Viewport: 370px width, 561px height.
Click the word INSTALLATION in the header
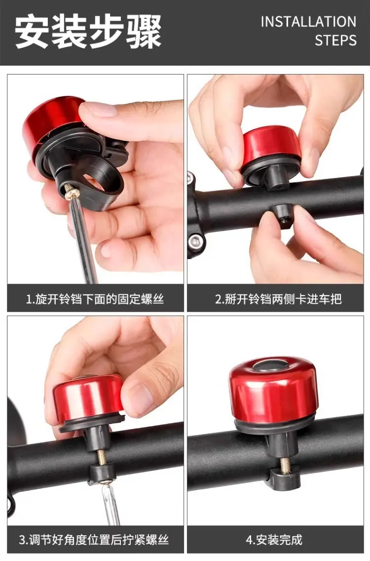(x=308, y=22)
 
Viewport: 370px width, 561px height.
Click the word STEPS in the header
(x=335, y=40)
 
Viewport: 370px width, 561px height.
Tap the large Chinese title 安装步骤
(x=88, y=31)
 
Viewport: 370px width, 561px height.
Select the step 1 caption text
(x=95, y=299)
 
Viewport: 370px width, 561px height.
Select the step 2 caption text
(x=278, y=299)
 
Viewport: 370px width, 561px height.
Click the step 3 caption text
(x=94, y=539)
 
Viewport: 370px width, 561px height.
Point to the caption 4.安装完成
(x=274, y=539)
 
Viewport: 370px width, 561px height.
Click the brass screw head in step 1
(x=72, y=192)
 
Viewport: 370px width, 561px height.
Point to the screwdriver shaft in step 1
(x=84, y=240)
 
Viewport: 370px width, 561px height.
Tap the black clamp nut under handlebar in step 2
(x=282, y=215)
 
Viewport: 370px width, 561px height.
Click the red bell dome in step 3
(x=88, y=397)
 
